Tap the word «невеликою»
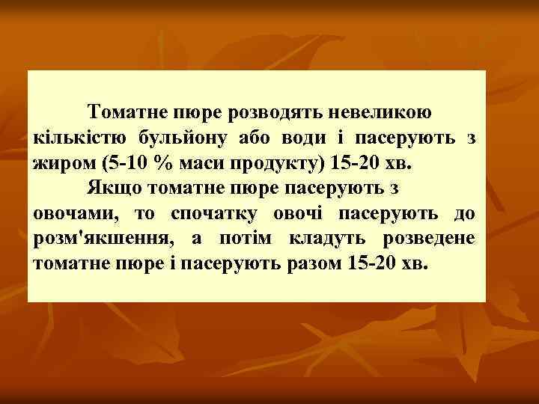pos(381,112)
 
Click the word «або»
pos(257,138)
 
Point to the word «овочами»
pos(76,214)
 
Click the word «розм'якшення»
pos(102,239)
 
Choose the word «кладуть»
pos(334,239)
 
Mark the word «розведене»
pos(430,239)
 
